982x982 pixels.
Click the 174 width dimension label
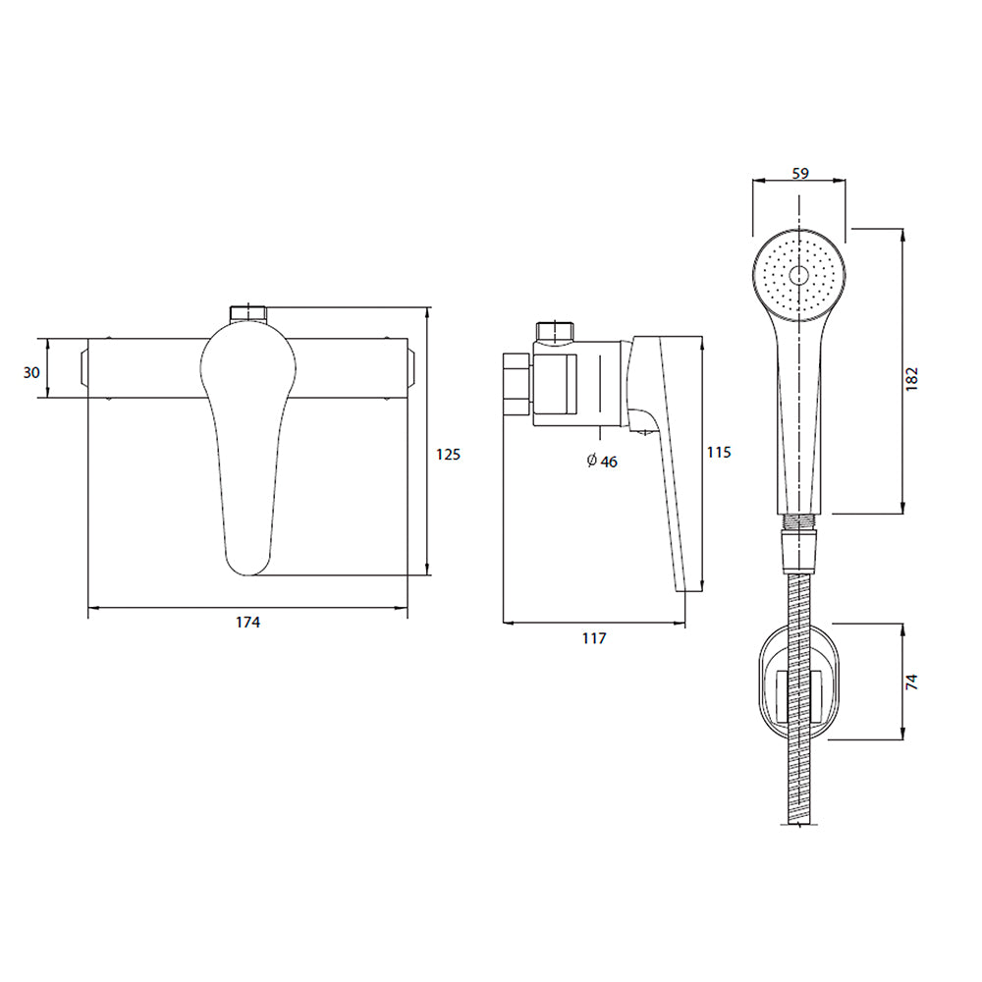(247, 622)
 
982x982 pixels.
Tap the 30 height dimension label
(31, 372)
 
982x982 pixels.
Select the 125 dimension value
(448, 454)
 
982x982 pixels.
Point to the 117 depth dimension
(594, 638)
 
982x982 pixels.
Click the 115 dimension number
(719, 452)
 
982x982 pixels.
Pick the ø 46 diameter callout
(602, 462)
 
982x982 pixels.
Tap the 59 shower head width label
(800, 174)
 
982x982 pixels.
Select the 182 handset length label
(912, 379)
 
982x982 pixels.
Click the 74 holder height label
(912, 682)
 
